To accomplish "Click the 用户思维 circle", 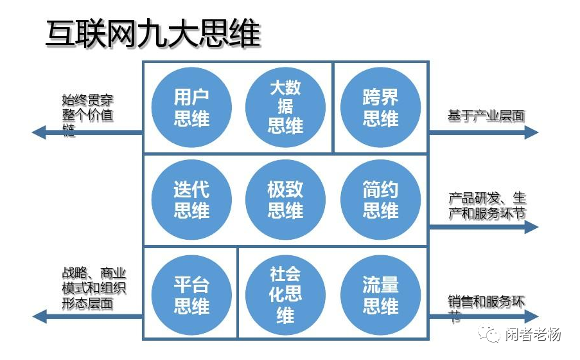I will pos(191,107).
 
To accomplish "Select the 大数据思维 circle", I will pos(285,107).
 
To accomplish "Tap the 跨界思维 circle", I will pos(380,107).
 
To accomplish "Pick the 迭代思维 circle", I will pos(191,199).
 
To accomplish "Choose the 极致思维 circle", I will pos(285,199).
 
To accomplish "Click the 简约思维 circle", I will pos(380,199).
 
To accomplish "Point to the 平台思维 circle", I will pos(191,295).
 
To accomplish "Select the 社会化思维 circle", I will pos(285,295).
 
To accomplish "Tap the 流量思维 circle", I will pos(380,295).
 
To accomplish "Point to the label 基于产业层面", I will pos(486,116).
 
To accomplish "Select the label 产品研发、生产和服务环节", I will pos(486,205).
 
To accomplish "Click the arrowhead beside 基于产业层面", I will pos(531,132).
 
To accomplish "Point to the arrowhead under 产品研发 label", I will pos(531,226).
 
